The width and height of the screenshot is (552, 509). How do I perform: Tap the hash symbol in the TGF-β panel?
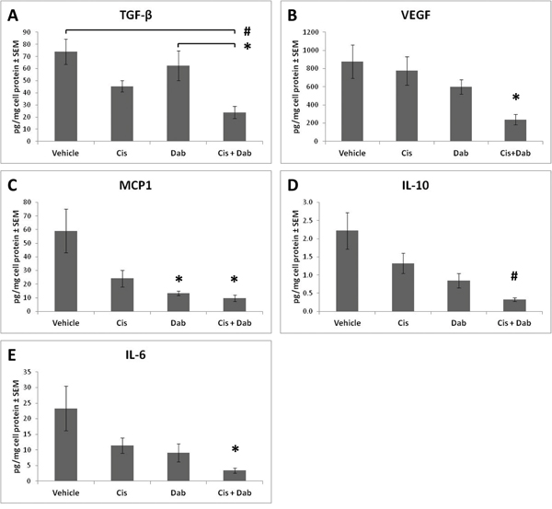coord(247,31)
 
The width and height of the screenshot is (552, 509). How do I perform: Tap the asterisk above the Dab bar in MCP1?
coord(181,279)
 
